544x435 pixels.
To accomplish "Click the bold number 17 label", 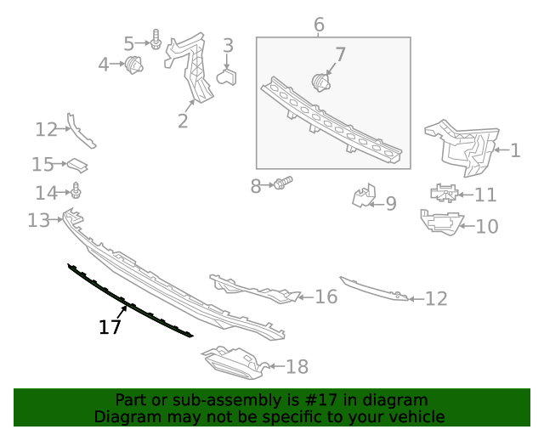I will (x=110, y=327).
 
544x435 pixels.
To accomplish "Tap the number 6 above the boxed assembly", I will (x=319, y=25).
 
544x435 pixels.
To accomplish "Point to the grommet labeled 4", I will (x=133, y=65).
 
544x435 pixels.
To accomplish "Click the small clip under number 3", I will (x=228, y=78).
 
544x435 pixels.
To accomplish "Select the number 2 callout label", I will (x=183, y=121).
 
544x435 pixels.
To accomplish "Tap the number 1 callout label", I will (x=515, y=151).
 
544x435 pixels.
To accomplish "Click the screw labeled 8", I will (x=283, y=183).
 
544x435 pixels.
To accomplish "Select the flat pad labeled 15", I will (x=78, y=164).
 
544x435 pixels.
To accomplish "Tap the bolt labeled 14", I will (x=76, y=191).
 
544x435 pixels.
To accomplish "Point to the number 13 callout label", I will (x=39, y=221).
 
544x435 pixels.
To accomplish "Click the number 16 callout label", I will (x=326, y=297).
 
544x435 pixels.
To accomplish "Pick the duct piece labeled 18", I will (x=233, y=361).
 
